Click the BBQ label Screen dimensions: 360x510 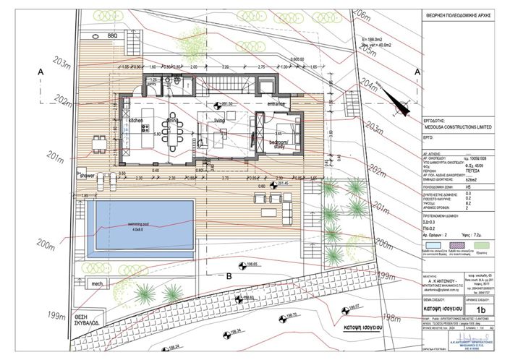click(x=112, y=35)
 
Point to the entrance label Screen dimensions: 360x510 click(x=277, y=105)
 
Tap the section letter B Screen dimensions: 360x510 click(x=228, y=275)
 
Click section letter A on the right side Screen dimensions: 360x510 click(x=417, y=71)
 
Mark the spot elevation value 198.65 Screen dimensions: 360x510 click(x=252, y=265)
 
